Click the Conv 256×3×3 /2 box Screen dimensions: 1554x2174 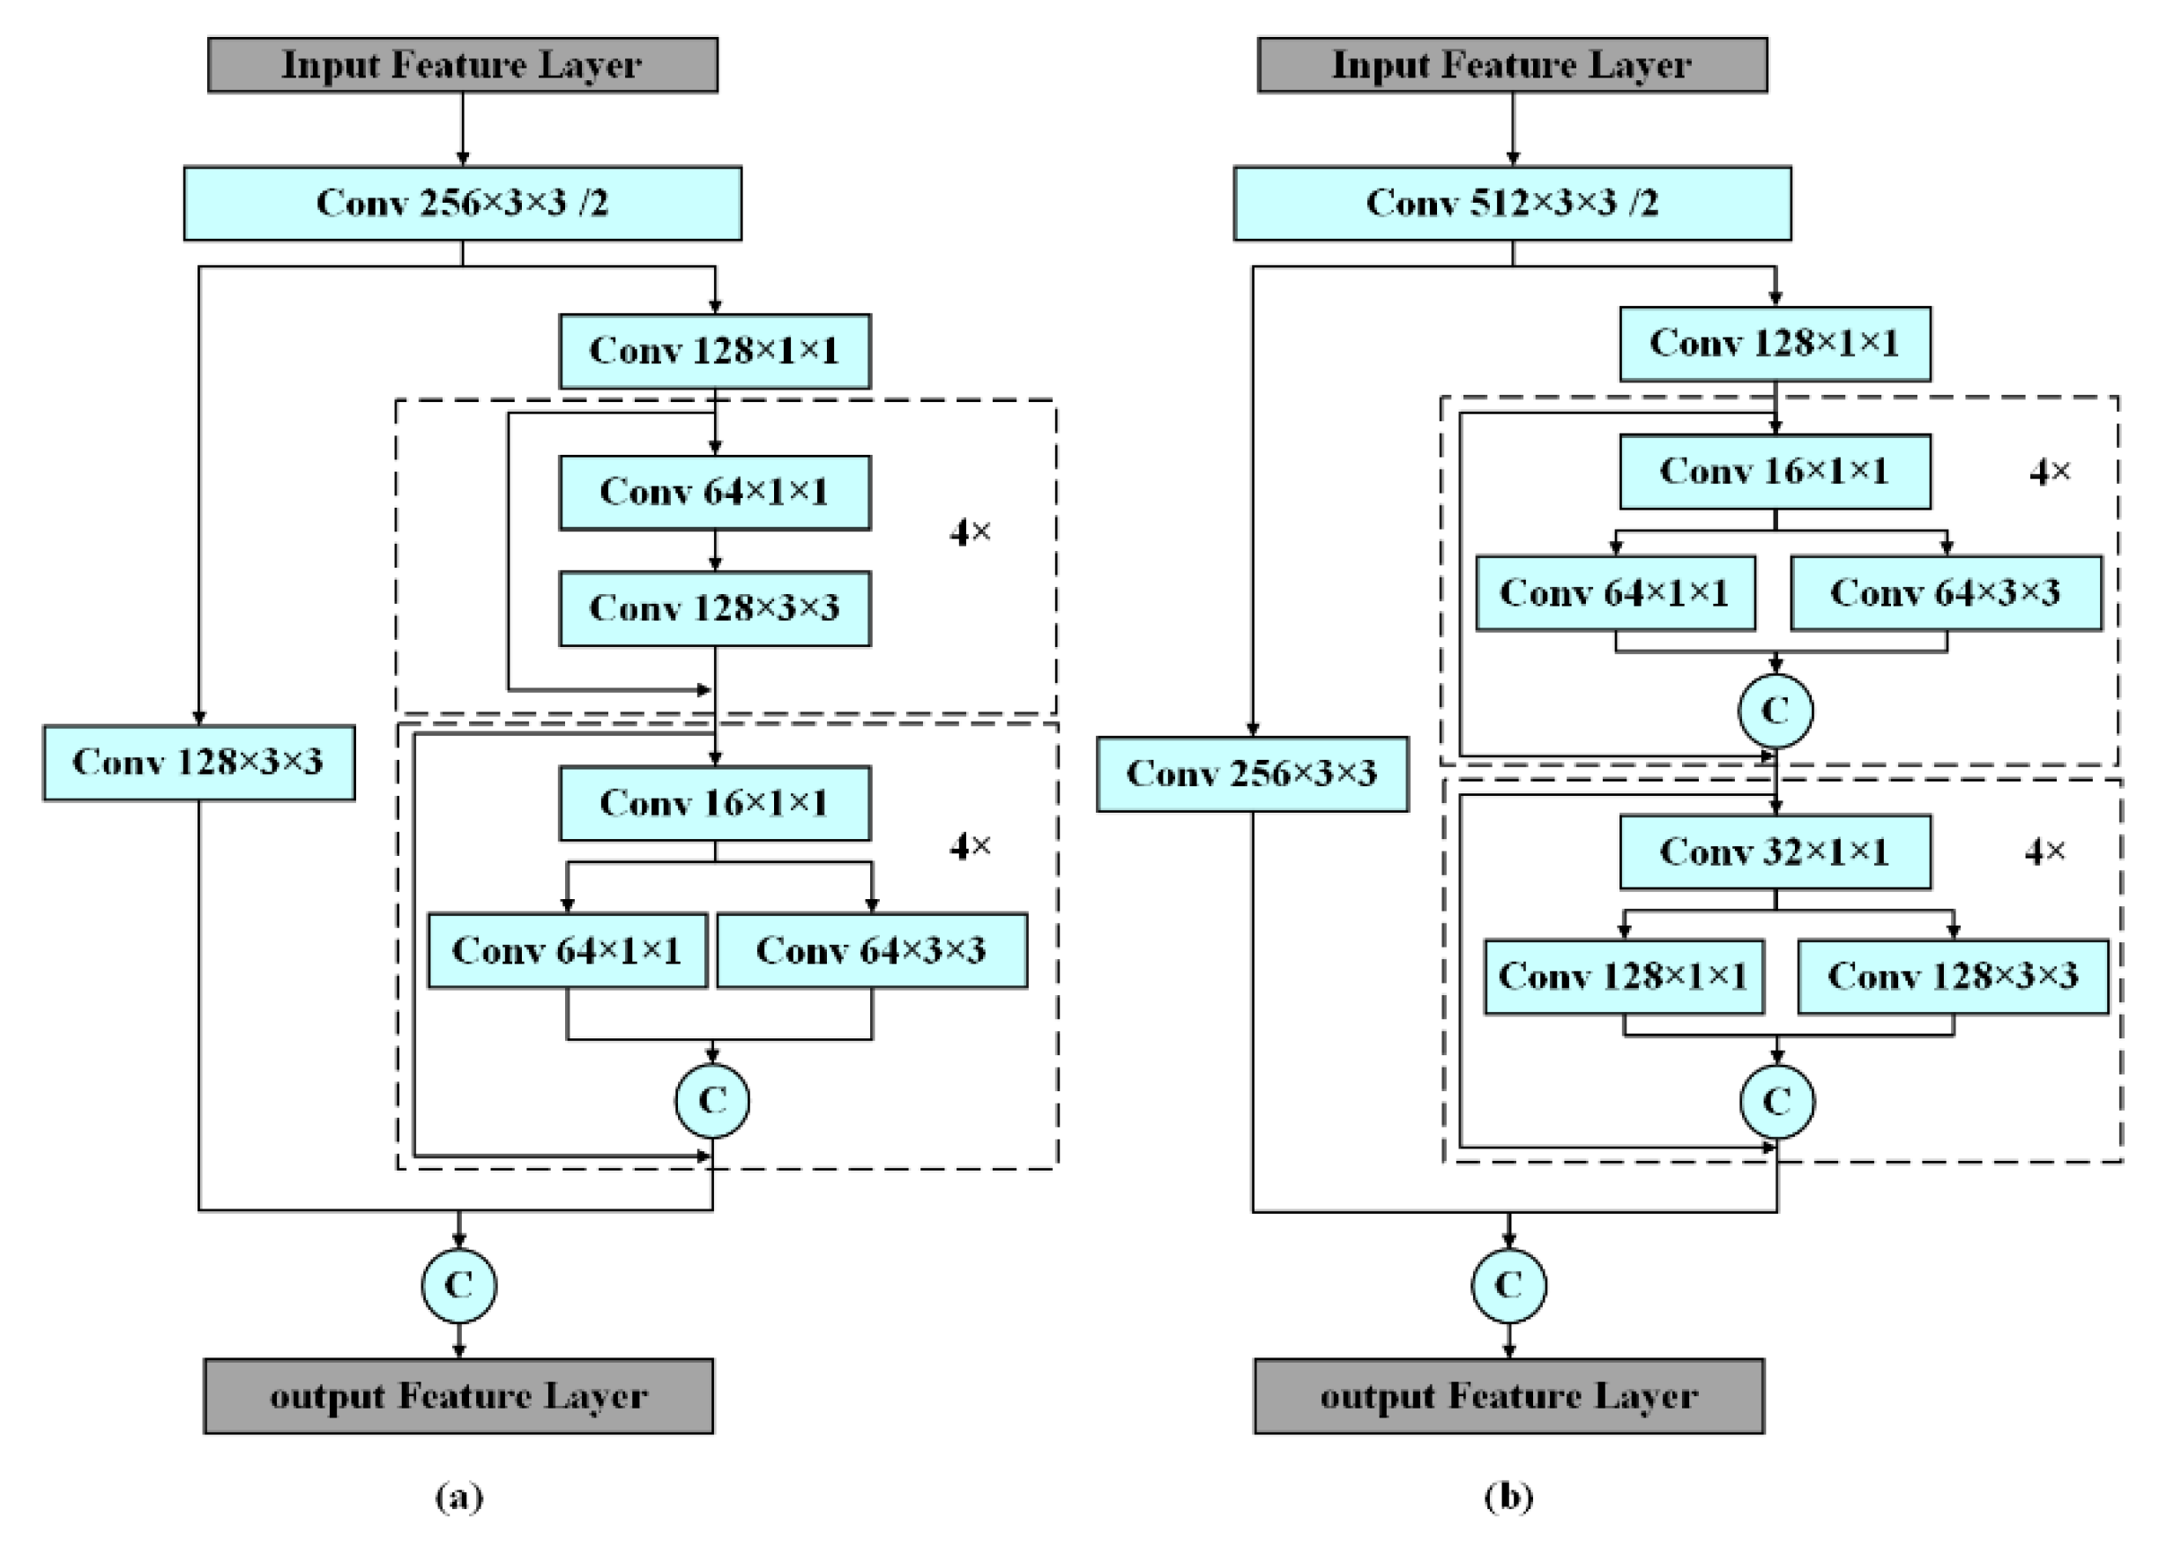coord(462,203)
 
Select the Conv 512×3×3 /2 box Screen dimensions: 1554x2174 coord(1512,203)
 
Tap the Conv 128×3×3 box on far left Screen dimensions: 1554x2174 coord(198,762)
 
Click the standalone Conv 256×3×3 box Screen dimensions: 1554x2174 coord(1252,773)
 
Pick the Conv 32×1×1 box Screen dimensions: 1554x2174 coord(1774,851)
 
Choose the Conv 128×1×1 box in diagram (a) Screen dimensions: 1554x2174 coord(715,350)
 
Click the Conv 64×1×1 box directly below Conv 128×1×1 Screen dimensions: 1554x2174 coord(715,492)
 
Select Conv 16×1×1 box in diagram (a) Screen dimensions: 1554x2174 coord(715,803)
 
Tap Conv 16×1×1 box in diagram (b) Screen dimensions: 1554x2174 coord(1774,471)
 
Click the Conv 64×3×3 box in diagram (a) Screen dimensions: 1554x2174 coord(872,950)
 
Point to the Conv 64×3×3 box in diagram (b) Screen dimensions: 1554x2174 coord(1946,592)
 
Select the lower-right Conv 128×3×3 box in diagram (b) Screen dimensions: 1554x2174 coord(1952,976)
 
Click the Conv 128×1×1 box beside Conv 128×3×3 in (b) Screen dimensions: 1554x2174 coord(1623,976)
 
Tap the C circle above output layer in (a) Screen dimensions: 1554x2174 coord(458,1285)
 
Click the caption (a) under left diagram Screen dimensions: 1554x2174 coord(459,1496)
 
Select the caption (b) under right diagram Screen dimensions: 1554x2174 coord(1509,1496)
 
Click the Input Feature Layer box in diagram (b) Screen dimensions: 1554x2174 coord(1512,65)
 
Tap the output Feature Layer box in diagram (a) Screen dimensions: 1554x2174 coord(458,1396)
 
